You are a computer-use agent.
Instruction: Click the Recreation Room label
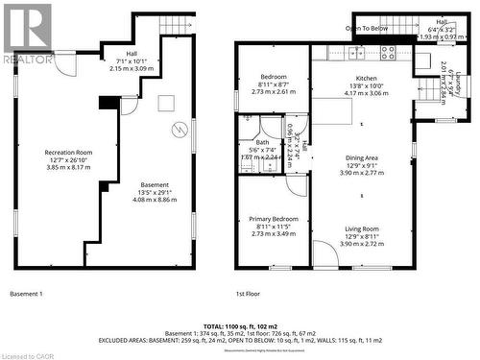[x=68, y=153]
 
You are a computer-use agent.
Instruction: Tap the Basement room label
[x=155, y=184]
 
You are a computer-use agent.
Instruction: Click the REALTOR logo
[x=26, y=34]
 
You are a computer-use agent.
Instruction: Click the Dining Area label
[x=361, y=158]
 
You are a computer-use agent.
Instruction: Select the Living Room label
[x=361, y=228]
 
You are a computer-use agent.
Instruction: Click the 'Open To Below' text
[x=367, y=29]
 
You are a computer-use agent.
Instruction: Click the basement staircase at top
[x=175, y=25]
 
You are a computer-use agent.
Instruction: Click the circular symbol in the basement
[x=177, y=130]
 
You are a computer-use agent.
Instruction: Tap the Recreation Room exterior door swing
[x=64, y=64]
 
